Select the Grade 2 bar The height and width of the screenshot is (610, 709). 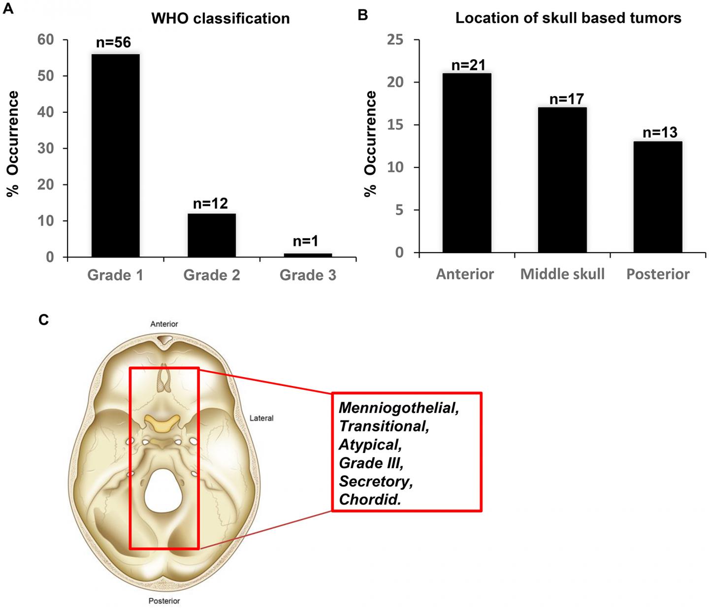point(212,235)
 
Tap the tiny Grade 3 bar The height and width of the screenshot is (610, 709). point(308,255)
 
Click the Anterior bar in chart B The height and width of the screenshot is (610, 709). point(466,162)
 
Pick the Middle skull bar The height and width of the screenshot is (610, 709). point(562,180)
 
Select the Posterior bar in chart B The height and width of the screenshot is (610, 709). point(658,197)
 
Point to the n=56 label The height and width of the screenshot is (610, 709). point(113,43)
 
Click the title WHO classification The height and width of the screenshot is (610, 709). point(220,19)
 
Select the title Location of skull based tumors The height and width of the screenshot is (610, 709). point(568,18)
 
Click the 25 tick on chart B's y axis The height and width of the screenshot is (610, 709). point(395,39)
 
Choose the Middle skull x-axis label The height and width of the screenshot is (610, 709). point(562,274)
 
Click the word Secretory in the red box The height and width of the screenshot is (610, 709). point(376,481)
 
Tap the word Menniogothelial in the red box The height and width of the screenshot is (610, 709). point(399,408)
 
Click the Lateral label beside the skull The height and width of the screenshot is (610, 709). point(261,418)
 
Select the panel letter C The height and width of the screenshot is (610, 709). point(43,320)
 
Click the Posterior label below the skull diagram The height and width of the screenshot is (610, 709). point(164,601)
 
